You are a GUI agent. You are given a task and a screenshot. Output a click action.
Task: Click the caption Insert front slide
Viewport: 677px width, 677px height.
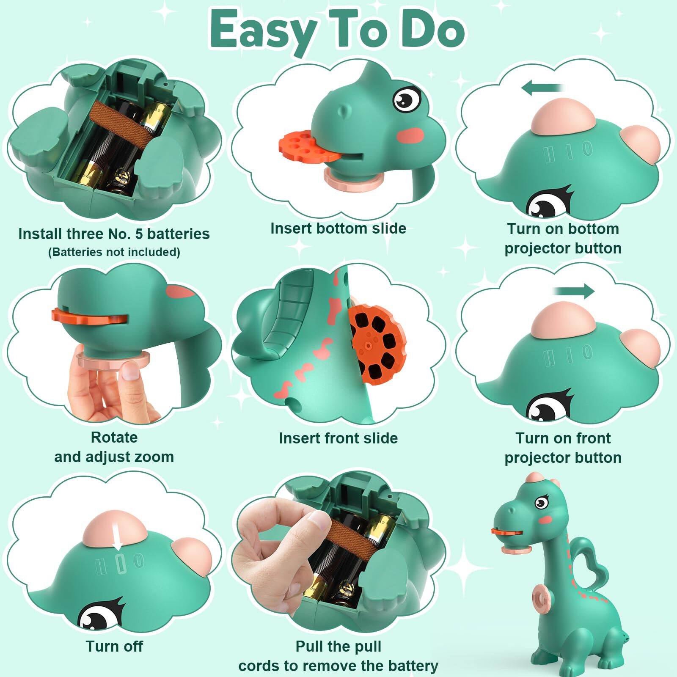(338, 438)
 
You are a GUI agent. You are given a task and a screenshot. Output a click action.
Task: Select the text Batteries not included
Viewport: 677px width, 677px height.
(114, 252)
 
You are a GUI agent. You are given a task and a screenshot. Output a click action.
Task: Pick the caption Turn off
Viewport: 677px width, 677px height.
(114, 646)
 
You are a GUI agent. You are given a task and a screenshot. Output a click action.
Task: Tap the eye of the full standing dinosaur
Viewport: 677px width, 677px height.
(540, 503)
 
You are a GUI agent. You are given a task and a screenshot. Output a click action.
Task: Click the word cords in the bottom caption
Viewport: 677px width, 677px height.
(259, 666)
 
